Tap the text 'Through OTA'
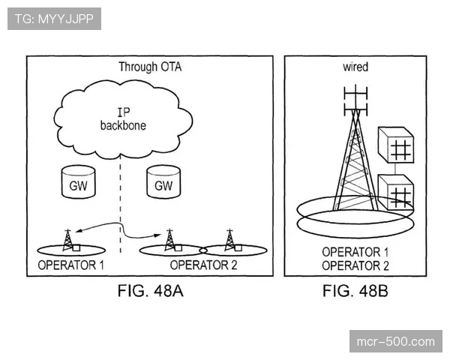[150, 67]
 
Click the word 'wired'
[355, 67]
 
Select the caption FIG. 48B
[355, 290]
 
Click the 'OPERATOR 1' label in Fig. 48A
[71, 265]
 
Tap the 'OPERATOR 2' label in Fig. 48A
[203, 265]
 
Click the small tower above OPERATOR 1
[69, 239]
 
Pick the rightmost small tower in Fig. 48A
[229, 239]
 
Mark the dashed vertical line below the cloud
[121, 202]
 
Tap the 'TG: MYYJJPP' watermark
[54, 18]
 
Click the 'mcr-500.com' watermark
[396, 342]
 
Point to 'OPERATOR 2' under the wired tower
[355, 265]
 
